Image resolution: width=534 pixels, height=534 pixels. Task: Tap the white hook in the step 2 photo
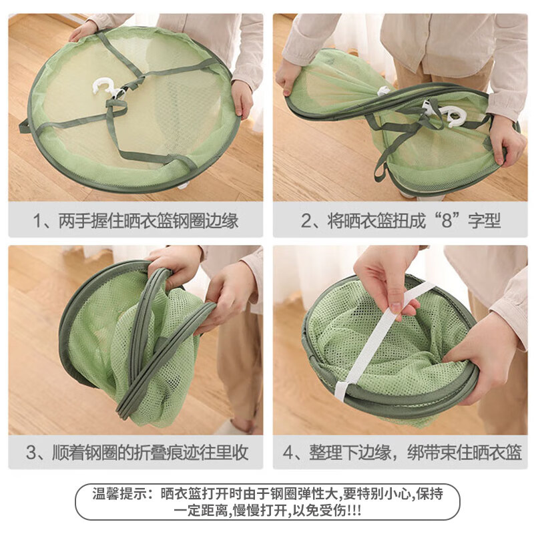coord(443,114)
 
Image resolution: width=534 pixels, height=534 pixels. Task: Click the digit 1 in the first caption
coord(37,221)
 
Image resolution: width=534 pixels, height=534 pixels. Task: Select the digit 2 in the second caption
coord(306,221)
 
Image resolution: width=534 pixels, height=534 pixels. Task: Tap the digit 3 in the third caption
coord(31,453)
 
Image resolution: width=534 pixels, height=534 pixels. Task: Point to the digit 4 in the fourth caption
coord(288,453)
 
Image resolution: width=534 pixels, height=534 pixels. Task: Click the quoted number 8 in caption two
coord(446,221)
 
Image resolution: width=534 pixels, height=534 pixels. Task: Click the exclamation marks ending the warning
coord(354,511)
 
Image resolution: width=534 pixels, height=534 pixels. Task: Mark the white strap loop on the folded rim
coord(341,390)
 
